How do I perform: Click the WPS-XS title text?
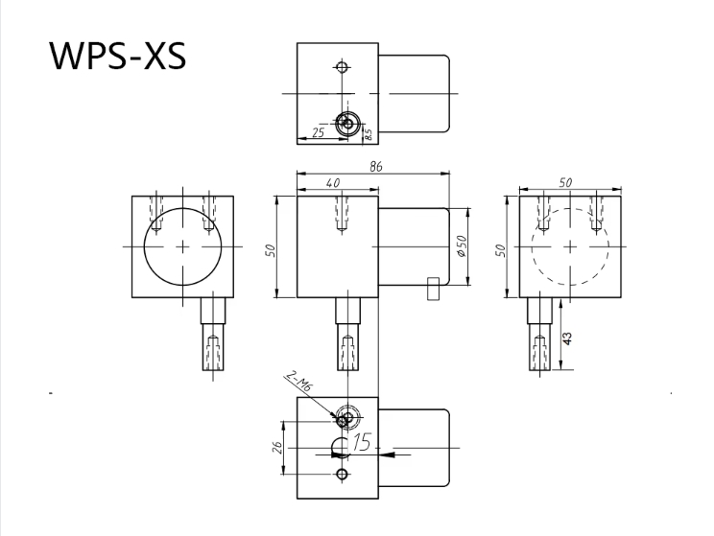(x=117, y=57)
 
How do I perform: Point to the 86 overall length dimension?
(x=374, y=167)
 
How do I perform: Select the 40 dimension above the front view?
(x=333, y=182)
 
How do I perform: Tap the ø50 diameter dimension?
(x=461, y=247)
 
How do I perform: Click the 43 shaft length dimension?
(x=567, y=338)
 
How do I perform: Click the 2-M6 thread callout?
(x=297, y=387)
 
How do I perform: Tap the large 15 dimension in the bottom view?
(x=360, y=442)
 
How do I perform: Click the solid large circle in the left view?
(x=182, y=246)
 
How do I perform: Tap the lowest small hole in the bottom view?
(x=340, y=475)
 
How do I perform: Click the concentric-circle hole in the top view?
(x=349, y=122)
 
